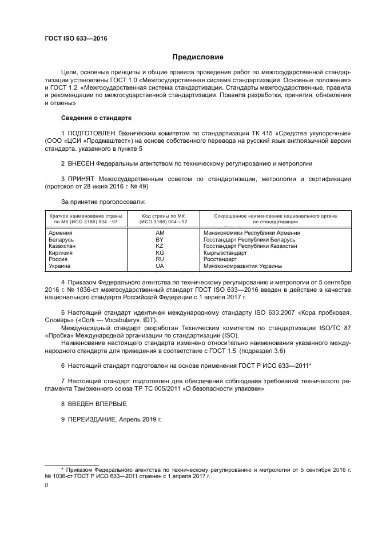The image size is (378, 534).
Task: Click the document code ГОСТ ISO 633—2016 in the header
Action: coord(75,39)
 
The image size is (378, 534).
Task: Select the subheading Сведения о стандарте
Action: coord(96,118)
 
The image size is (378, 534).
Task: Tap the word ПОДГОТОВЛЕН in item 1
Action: coord(93,133)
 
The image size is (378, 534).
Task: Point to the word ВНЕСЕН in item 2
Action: coord(83,163)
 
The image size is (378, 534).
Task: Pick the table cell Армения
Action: coord(61,232)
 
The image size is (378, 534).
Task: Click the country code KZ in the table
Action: coord(160,246)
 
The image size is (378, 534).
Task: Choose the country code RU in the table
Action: coord(160,259)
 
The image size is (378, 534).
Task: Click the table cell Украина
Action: coord(60,266)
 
